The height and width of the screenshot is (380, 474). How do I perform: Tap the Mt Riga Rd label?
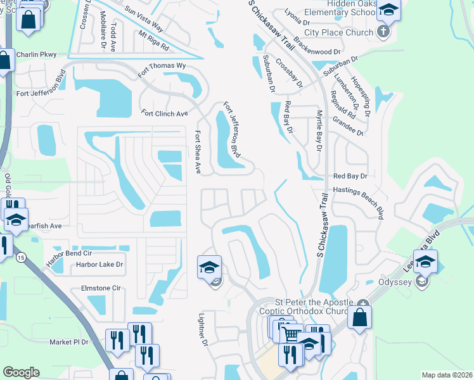tap(153, 39)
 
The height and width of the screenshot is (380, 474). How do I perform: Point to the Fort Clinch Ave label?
tap(165, 113)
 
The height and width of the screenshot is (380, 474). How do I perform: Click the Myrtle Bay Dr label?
tap(320, 129)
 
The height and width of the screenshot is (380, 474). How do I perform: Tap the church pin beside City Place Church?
tap(383, 31)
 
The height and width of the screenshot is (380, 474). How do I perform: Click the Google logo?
tap(21, 372)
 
